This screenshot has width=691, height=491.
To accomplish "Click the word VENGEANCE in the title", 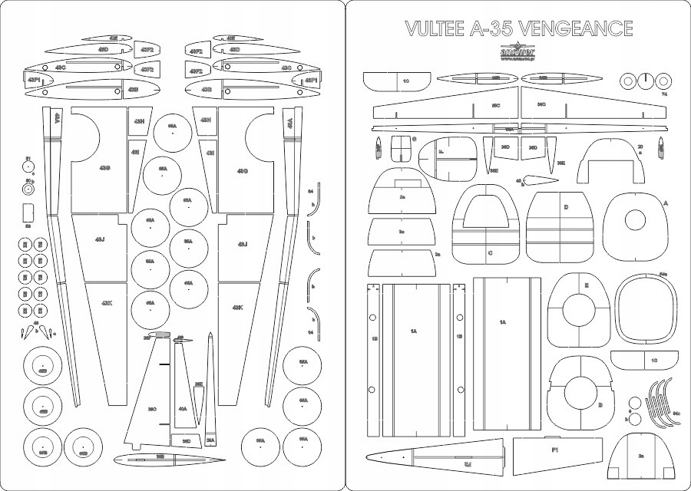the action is tap(575, 29).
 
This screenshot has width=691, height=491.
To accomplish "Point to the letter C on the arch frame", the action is tap(489, 252).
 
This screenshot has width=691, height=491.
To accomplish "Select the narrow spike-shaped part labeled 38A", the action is tap(210, 384).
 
